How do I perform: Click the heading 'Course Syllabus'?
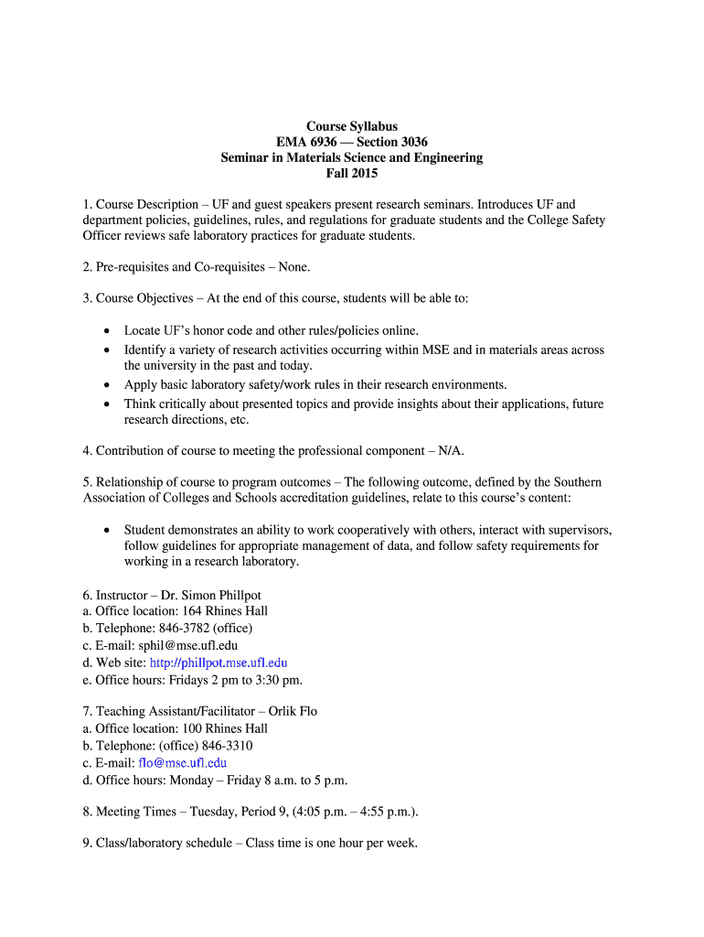coord(351,126)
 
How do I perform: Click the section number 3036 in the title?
coord(407,142)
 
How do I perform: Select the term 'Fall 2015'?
coord(351,173)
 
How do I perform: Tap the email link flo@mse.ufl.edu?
coord(182,762)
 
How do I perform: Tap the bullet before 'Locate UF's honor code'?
coord(108,330)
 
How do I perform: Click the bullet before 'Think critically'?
coord(108,404)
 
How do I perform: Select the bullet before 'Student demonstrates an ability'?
coord(108,529)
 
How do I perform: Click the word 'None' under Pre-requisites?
coord(290,267)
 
